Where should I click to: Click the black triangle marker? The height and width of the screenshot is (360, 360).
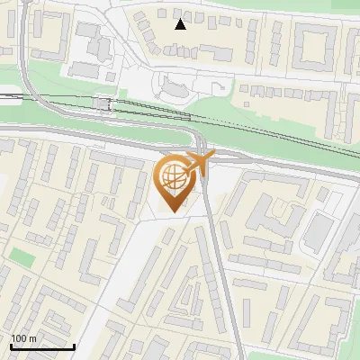(x=181, y=24)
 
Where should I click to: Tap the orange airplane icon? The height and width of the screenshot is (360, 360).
(x=200, y=163)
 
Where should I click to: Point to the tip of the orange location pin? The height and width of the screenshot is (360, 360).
(x=174, y=211)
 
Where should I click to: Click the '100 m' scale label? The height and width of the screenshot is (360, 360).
(x=24, y=338)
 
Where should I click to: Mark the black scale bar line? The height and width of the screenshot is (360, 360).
(x=42, y=346)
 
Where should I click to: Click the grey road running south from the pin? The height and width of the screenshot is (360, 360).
(x=220, y=270)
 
